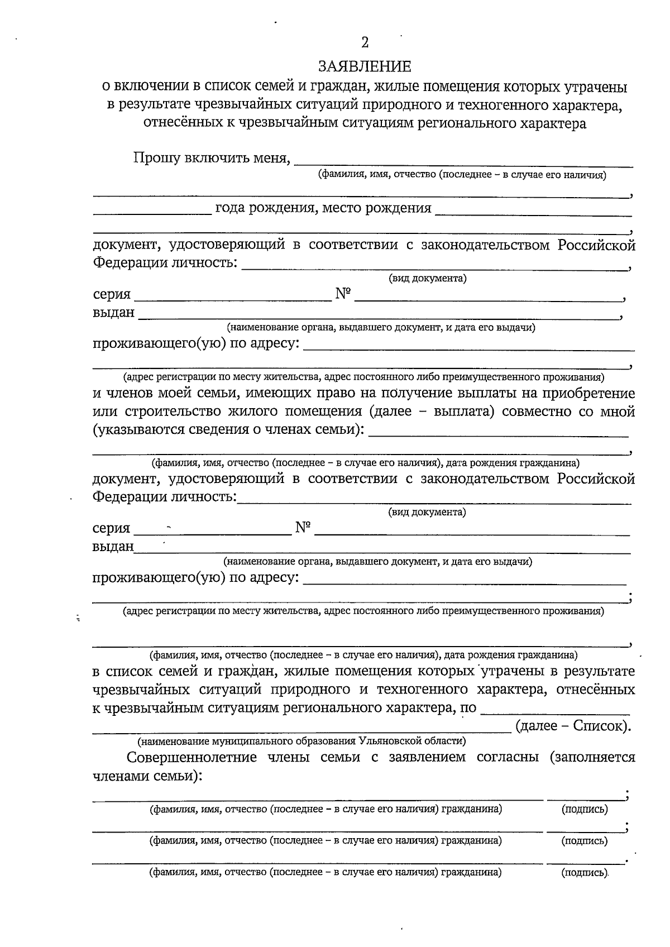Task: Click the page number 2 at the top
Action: coord(365,42)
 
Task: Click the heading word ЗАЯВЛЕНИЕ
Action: coord(365,67)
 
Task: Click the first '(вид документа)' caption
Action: coord(427,278)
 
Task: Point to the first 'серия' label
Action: coord(112,294)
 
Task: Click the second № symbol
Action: coord(303,527)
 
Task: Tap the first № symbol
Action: coord(343,294)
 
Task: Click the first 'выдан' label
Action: coord(113,312)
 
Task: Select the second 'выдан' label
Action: coord(113,546)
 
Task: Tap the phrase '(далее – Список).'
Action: coord(573,726)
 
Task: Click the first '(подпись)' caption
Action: coord(585,809)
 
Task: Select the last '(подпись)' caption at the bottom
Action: coord(585,872)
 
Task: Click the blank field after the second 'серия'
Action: coord(212,533)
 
